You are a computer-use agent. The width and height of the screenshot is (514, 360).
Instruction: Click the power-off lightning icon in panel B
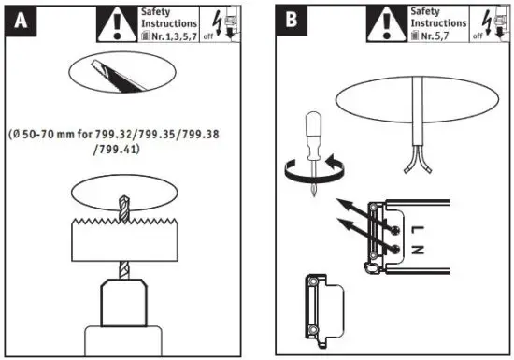[488, 22]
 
